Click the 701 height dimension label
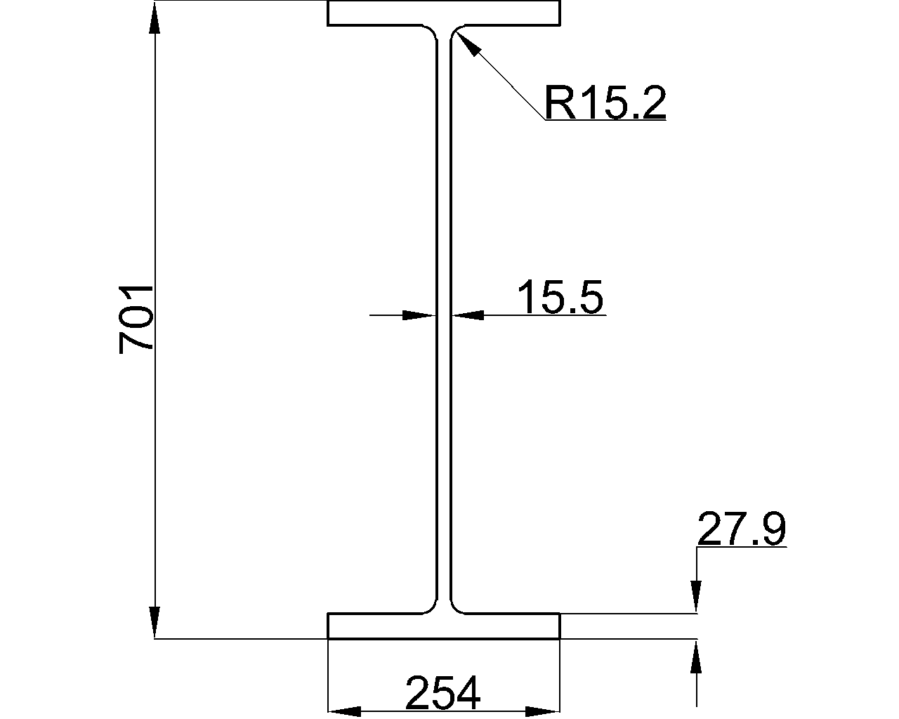coord(136,319)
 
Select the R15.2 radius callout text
coord(605,102)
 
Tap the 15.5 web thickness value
coord(560,296)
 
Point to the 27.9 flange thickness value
coord(742,529)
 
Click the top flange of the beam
coord(443,13)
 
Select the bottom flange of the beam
coord(443,626)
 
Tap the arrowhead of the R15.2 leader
coord(467,43)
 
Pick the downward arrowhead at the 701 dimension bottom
coord(155,623)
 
